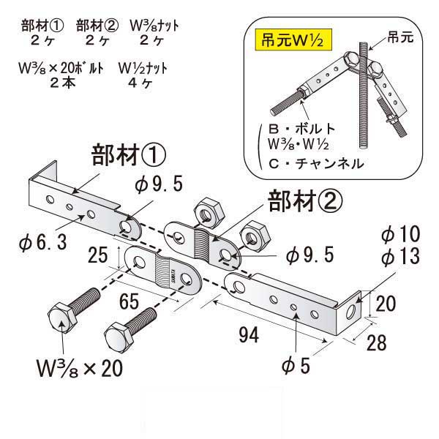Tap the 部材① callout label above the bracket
pyautogui.click(x=130, y=156)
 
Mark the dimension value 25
pyautogui.click(x=97, y=255)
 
